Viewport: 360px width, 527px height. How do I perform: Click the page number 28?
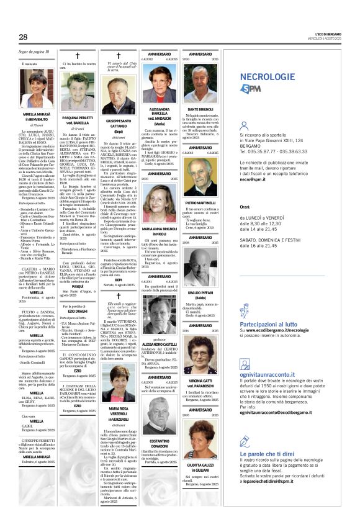click(24, 37)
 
